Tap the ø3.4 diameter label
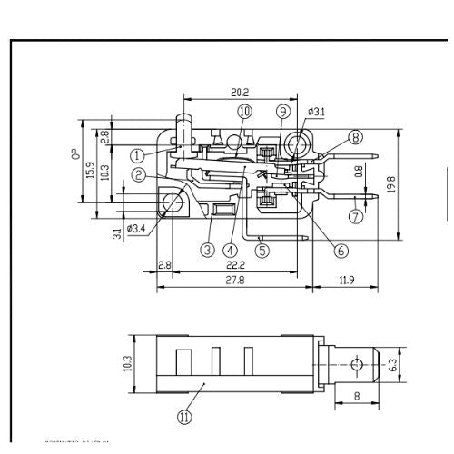click(138, 228)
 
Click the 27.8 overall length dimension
click(235, 281)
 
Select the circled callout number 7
click(356, 216)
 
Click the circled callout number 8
click(355, 137)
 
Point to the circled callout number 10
click(244, 111)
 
